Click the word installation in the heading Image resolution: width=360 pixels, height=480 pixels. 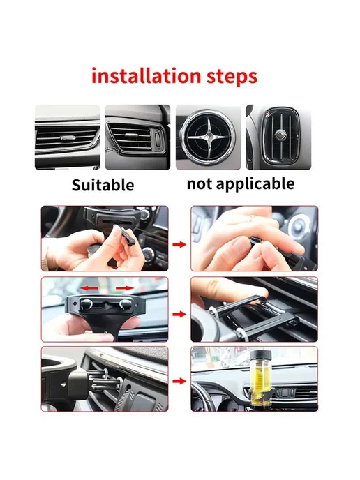click(x=146, y=76)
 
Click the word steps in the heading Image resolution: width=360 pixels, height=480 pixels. click(x=232, y=77)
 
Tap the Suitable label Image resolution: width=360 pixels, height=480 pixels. click(x=103, y=185)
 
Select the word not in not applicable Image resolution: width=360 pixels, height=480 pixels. click(x=199, y=184)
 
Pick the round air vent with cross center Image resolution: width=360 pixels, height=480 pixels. click(x=209, y=137)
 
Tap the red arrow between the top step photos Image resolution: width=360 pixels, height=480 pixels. click(x=179, y=244)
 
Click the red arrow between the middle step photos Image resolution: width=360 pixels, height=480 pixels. click(x=179, y=314)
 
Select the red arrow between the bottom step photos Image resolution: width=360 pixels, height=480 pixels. click(x=179, y=381)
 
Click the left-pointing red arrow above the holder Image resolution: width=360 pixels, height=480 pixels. click(x=89, y=288)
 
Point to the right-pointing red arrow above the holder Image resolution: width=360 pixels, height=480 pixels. click(x=125, y=288)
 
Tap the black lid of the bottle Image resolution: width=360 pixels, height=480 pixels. click(x=261, y=355)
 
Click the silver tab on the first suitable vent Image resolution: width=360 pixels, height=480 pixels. click(x=68, y=138)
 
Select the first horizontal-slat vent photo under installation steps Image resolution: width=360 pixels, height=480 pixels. click(x=68, y=137)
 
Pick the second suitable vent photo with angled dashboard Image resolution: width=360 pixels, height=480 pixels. click(x=137, y=137)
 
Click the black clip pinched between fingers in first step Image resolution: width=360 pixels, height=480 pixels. click(x=126, y=236)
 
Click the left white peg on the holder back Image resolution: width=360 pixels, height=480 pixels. click(x=87, y=304)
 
